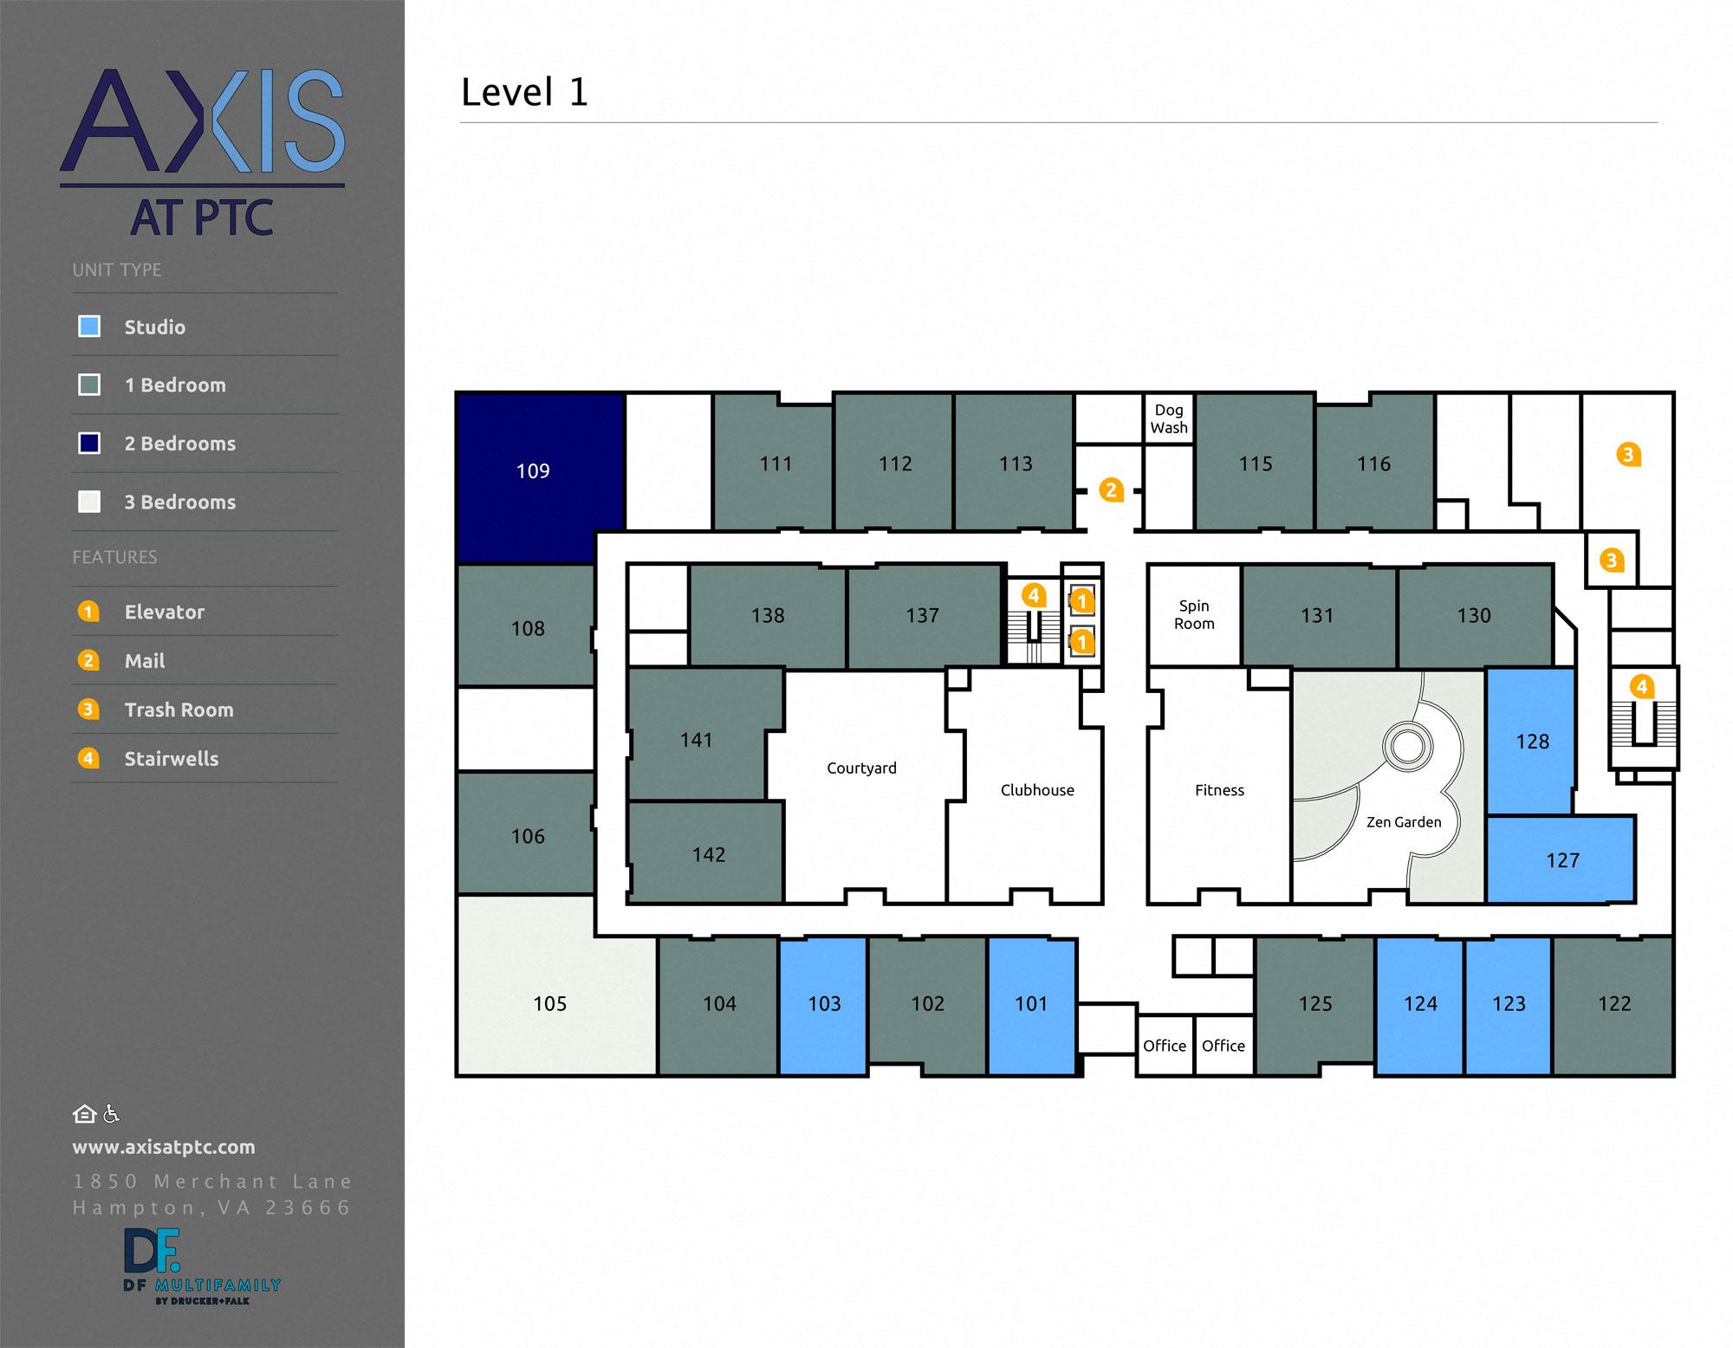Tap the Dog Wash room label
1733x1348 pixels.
1168,418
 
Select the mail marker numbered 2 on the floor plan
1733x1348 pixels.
1111,490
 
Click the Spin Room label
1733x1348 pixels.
1193,614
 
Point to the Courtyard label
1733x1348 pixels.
861,768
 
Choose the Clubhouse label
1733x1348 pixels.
1036,790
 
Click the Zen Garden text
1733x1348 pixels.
1403,822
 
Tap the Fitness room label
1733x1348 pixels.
1218,790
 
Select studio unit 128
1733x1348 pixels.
1531,741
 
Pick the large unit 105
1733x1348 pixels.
549,1003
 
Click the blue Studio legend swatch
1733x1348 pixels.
89,327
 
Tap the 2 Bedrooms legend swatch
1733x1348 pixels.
89,443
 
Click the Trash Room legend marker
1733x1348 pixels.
88,710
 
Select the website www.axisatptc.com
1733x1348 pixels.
164,1147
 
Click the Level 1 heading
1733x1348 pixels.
524,92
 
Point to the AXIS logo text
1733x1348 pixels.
202,121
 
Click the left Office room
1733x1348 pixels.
1164,1046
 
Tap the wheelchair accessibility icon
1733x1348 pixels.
111,1114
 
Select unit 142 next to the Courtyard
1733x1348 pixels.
708,854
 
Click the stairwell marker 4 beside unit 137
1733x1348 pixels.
1033,595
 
